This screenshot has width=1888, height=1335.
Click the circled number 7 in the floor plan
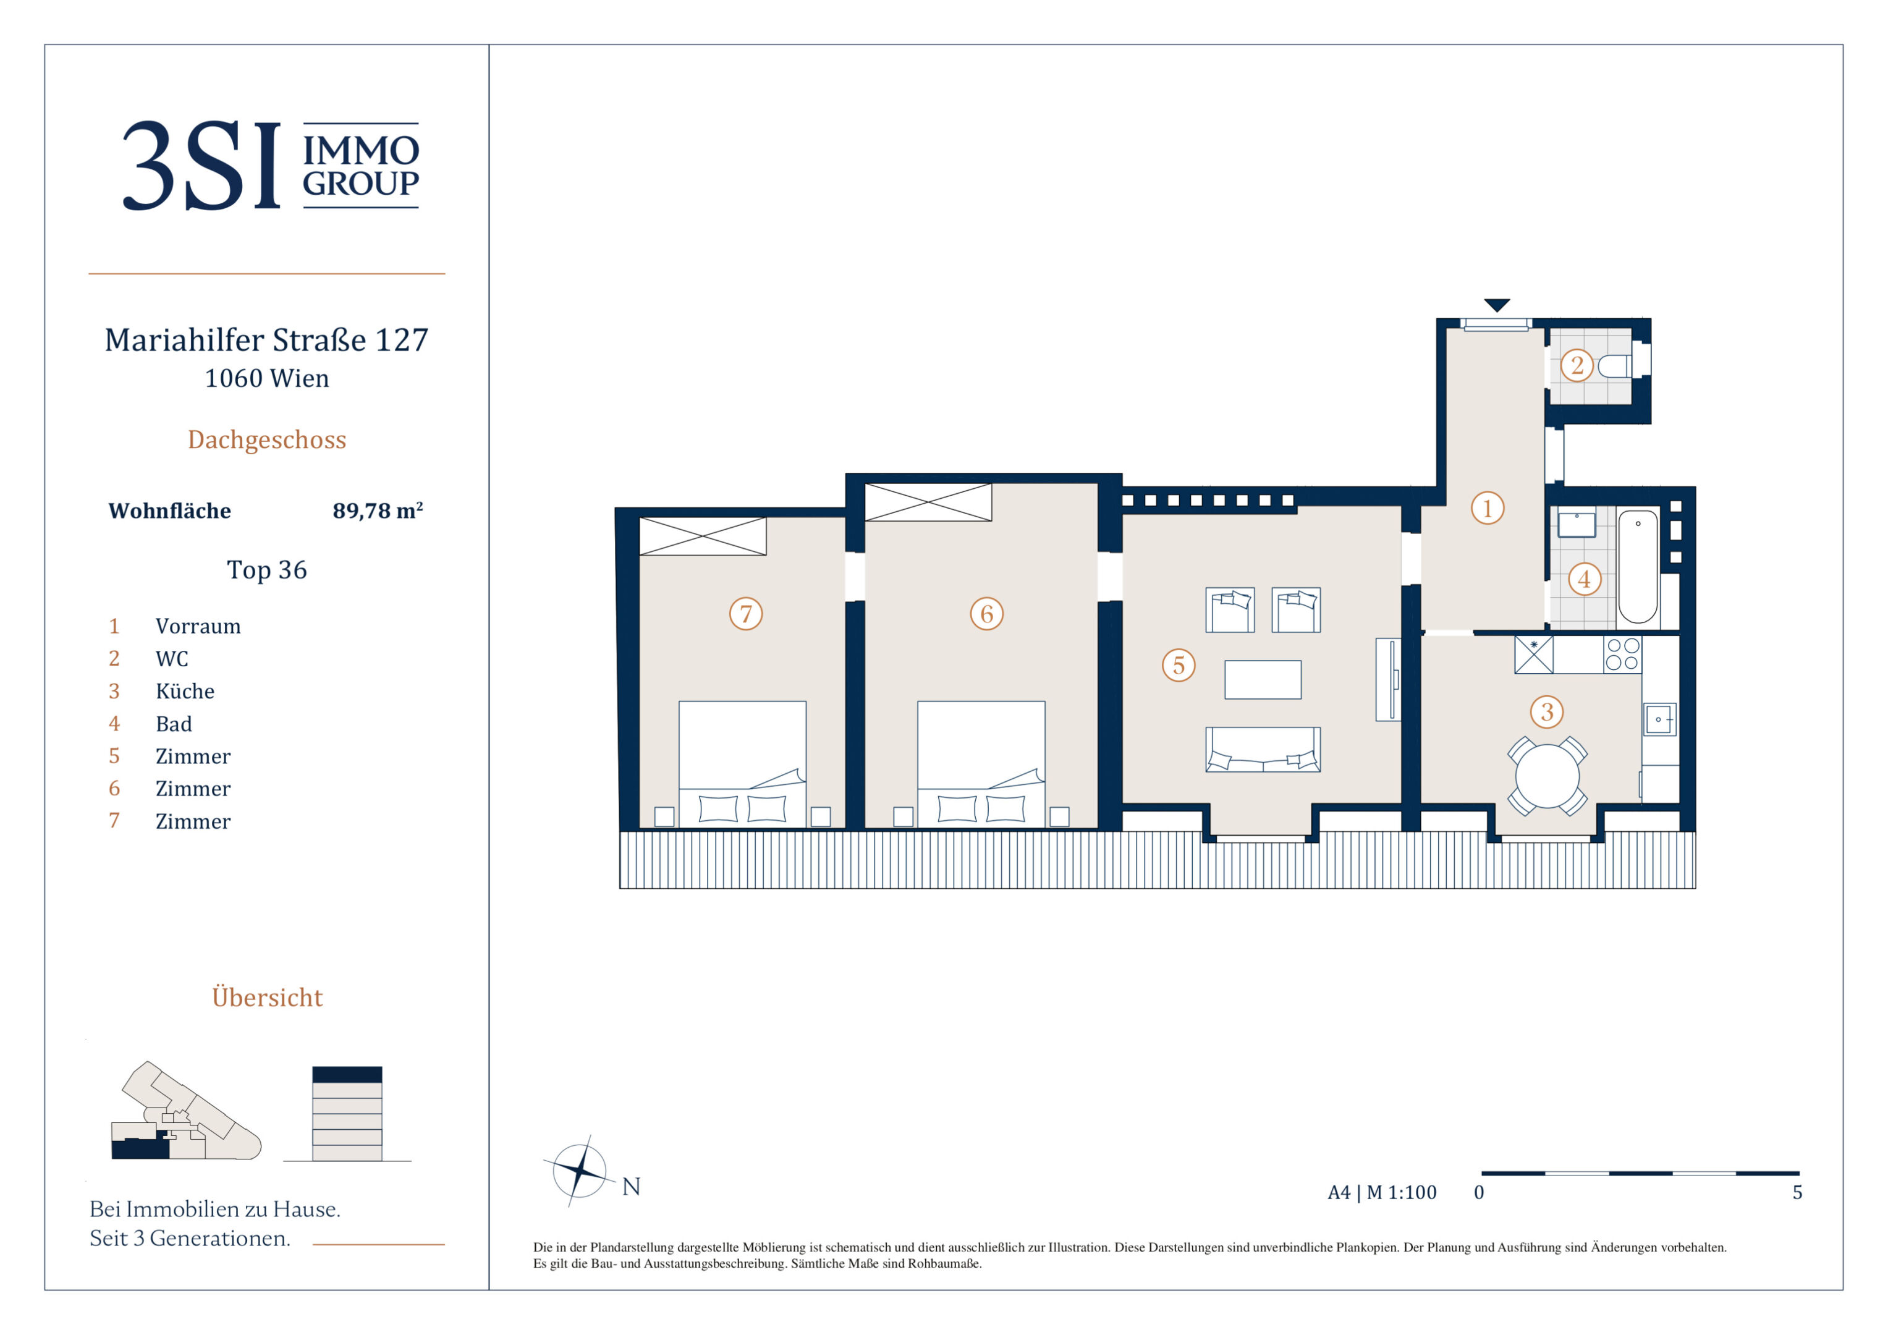point(746,614)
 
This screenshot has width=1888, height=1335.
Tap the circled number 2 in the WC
point(1577,365)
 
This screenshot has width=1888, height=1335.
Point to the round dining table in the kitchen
point(1547,776)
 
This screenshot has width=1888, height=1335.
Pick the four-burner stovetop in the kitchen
point(1622,655)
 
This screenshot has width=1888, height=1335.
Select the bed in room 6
point(981,764)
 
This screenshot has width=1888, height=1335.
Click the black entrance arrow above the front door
point(1497,304)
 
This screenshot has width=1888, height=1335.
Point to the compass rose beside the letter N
point(580,1171)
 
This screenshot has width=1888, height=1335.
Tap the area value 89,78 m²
point(378,511)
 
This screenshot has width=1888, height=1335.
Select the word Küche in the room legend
point(185,691)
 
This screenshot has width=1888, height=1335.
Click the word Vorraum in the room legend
point(198,626)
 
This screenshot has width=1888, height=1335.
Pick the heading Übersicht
point(267,996)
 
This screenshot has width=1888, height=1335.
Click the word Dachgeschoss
point(267,440)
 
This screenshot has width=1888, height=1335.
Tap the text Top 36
point(267,569)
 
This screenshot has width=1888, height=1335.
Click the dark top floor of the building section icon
point(347,1074)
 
